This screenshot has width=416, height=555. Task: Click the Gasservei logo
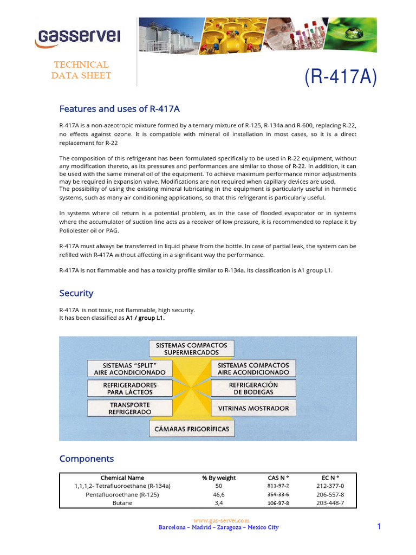click(79, 37)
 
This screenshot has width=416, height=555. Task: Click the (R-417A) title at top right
click(340, 77)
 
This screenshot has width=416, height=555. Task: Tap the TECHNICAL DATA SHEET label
click(81, 70)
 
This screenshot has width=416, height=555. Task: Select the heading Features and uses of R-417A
click(119, 109)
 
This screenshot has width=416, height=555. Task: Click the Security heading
click(76, 293)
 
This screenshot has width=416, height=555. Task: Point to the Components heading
click(87, 459)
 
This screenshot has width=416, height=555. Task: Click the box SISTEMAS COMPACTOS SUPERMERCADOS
click(187, 349)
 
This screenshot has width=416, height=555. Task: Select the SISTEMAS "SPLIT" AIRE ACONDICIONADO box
click(129, 369)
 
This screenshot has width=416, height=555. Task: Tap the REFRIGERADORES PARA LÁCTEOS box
click(129, 388)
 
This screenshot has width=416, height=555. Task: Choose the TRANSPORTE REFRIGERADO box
click(129, 408)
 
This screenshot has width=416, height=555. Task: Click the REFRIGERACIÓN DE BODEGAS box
click(253, 388)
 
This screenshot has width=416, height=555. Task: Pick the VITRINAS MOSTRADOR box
click(253, 408)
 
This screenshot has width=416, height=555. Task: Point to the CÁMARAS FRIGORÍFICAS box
click(192, 429)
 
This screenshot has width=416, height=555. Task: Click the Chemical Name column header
click(122, 477)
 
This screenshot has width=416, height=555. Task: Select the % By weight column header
click(219, 477)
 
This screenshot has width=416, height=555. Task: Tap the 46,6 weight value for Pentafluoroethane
click(219, 495)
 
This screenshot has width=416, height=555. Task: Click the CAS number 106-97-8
click(278, 504)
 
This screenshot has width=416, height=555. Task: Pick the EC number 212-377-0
click(330, 486)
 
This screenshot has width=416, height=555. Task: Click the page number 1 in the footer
click(379, 527)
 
